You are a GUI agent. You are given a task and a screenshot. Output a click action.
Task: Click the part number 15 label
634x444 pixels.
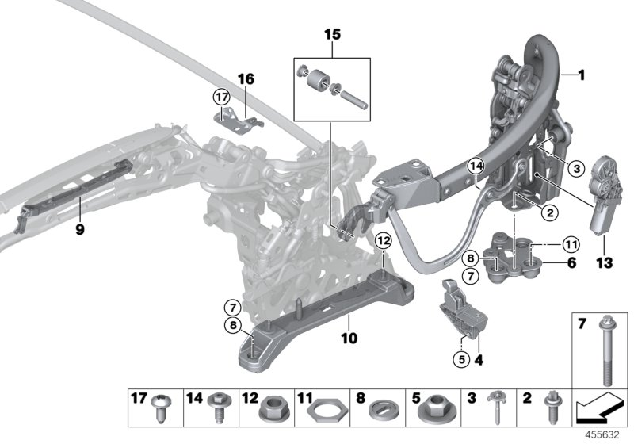click(331, 36)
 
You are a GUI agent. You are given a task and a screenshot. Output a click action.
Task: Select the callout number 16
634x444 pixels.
click(246, 79)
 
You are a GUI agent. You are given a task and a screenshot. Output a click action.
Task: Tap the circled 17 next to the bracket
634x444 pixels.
click(220, 97)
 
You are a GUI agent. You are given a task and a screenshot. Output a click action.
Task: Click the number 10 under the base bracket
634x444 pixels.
click(349, 339)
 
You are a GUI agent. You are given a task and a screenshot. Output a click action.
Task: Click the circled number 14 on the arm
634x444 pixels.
click(474, 166)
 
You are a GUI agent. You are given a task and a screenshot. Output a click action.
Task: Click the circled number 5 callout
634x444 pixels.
click(460, 358)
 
